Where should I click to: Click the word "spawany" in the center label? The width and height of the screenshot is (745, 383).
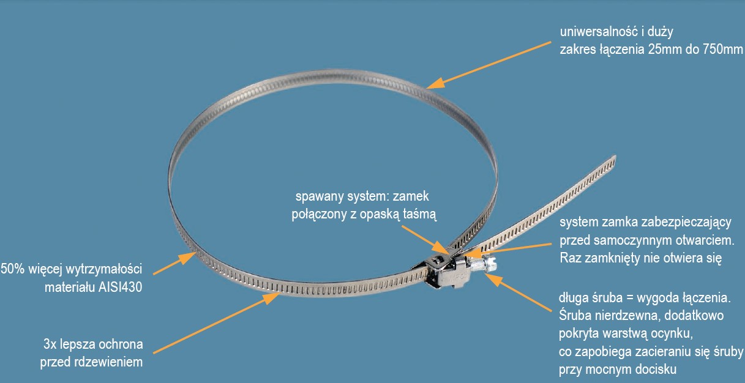click(x=320, y=196)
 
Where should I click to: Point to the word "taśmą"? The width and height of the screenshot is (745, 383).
click(x=419, y=214)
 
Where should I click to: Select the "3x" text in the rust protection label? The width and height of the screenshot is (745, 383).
click(x=50, y=344)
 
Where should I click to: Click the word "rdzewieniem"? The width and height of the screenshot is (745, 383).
click(x=108, y=362)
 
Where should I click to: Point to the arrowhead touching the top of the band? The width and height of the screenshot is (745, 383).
click(x=436, y=83)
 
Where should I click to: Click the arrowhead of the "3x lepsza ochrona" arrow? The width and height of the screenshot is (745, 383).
click(x=271, y=298)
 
